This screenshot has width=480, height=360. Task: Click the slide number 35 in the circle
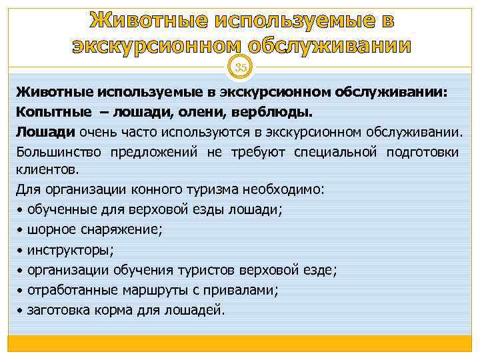(x=240, y=67)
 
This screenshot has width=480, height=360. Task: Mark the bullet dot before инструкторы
(x=20, y=251)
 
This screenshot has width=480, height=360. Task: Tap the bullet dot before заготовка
(x=20, y=311)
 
